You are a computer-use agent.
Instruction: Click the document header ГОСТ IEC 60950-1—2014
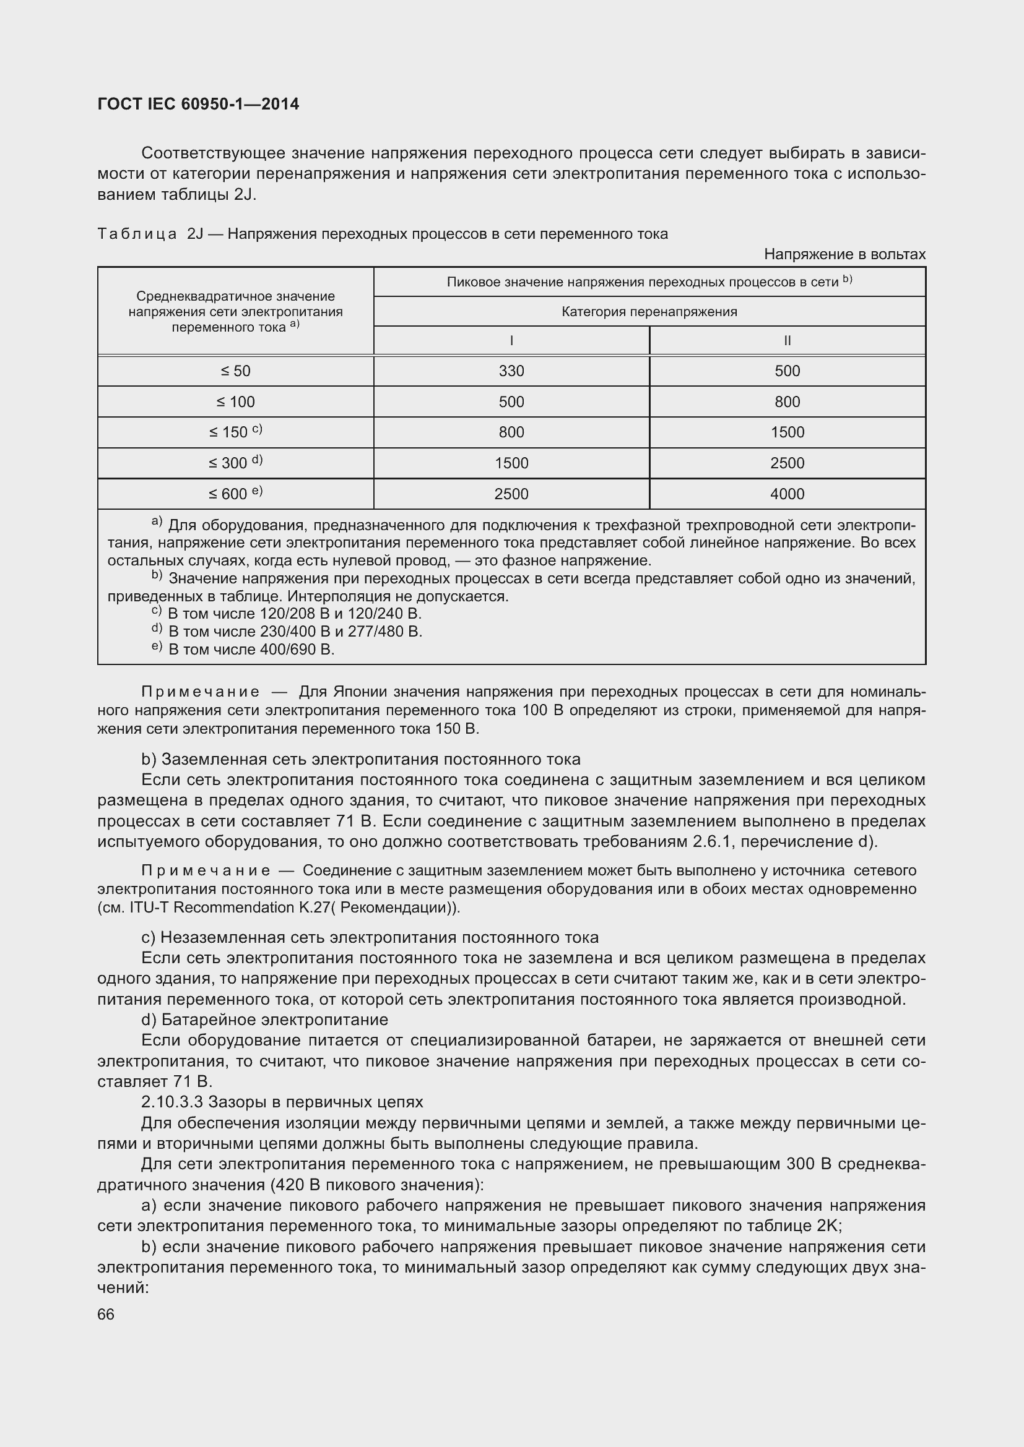point(198,104)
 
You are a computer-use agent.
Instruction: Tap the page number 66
point(106,1314)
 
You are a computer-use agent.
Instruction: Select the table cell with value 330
point(511,371)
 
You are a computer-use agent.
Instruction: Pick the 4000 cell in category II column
point(787,494)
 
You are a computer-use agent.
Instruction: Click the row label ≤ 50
point(235,371)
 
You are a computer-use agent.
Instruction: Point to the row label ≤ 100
point(235,402)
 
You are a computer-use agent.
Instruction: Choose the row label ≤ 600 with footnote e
point(235,494)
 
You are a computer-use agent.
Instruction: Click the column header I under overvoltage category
point(511,341)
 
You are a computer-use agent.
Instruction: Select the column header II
point(787,341)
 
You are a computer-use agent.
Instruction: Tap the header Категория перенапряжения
point(649,311)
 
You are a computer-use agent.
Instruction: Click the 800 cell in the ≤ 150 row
point(511,432)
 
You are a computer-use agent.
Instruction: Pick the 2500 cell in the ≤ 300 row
point(787,463)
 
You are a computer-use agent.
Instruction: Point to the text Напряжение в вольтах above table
point(844,254)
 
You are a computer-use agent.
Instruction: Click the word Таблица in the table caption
point(137,234)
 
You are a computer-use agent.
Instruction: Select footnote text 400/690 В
point(293,650)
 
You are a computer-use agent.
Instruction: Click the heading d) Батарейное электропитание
point(265,1019)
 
